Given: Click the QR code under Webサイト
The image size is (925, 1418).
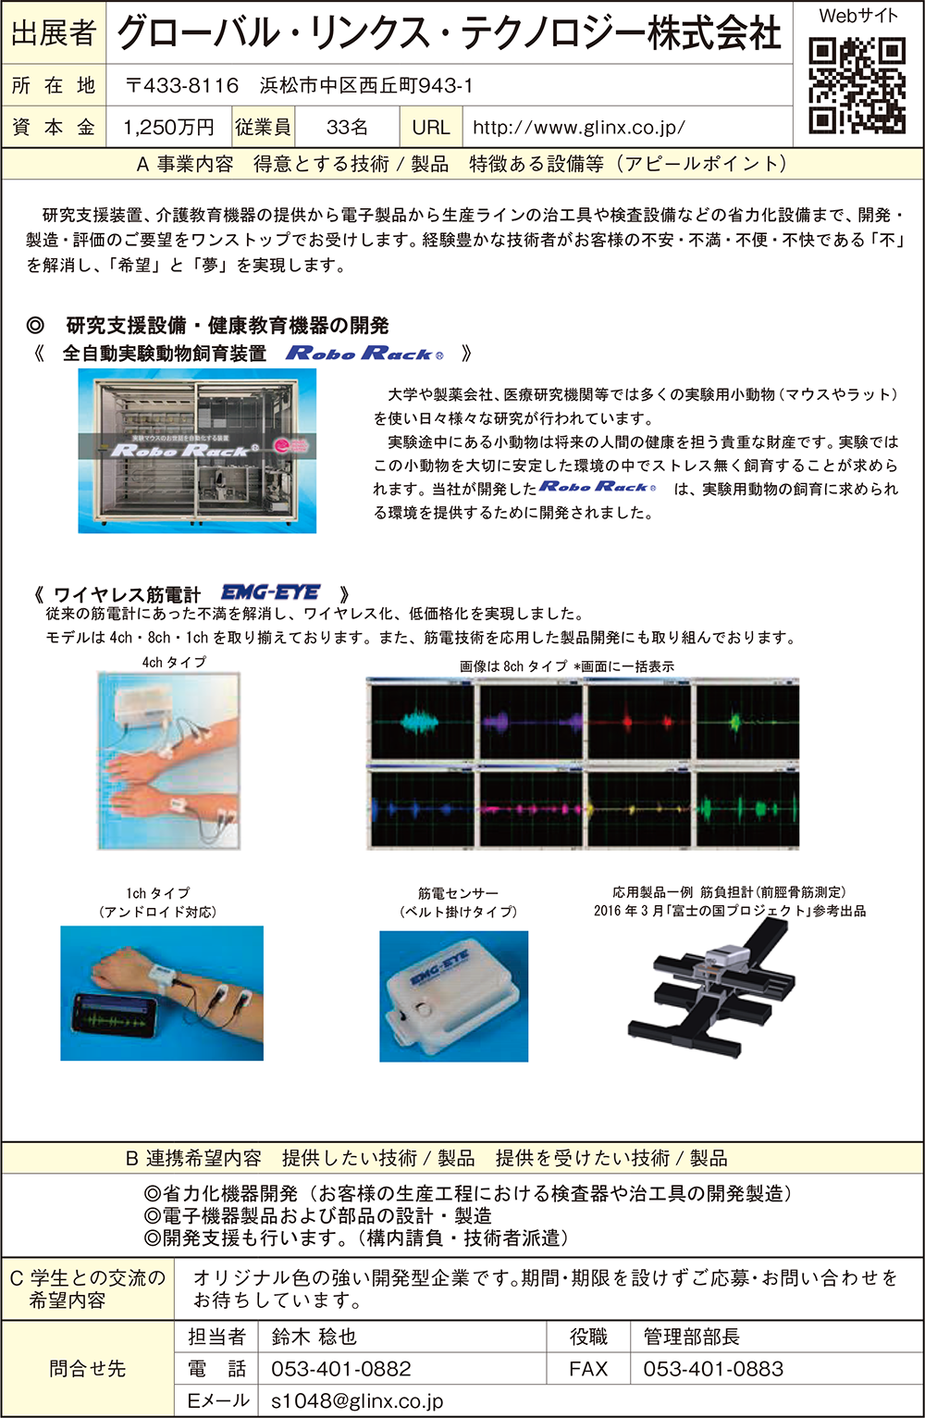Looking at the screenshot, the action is tap(857, 85).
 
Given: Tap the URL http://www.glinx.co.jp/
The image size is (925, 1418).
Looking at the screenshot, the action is tap(578, 128).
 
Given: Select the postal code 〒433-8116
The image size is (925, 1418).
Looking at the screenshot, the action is tap(182, 85).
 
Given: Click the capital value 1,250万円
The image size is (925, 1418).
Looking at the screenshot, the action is tap(168, 128).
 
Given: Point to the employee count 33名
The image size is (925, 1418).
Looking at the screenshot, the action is tap(347, 128).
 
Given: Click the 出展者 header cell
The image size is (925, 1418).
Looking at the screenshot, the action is tap(54, 32).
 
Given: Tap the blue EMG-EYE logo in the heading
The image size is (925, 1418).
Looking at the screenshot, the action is tap(270, 592).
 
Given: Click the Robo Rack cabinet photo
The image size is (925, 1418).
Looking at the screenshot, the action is tap(197, 451).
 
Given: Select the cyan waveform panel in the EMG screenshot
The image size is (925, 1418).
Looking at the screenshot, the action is tap(422, 721).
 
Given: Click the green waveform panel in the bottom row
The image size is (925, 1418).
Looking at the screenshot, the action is tap(747, 809).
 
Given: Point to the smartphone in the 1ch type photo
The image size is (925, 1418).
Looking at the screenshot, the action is tap(117, 1016).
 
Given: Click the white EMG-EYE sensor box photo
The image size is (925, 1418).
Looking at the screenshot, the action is tap(453, 997).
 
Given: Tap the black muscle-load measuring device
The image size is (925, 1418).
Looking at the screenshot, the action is tap(711, 989).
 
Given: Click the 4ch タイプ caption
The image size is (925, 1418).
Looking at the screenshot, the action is tap(174, 662).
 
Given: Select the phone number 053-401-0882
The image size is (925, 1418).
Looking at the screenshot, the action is tap(341, 1369).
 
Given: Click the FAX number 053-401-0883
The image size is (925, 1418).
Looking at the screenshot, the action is tap(713, 1369).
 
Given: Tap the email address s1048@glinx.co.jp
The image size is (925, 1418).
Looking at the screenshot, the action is tap(357, 1401).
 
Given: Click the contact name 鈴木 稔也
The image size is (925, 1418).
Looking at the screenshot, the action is tap(314, 1337).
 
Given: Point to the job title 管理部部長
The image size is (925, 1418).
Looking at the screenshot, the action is tap(691, 1337).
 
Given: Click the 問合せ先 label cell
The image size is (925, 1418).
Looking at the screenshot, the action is tap(87, 1369).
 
